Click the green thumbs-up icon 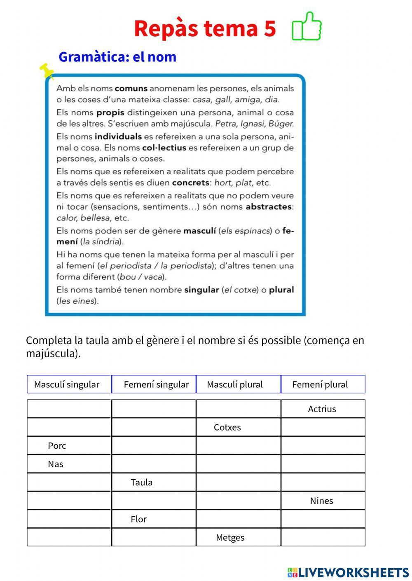[x=307, y=26]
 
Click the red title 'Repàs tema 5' [x=205, y=28]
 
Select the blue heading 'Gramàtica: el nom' [x=117, y=57]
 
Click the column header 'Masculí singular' [x=67, y=384]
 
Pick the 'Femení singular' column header [x=156, y=384]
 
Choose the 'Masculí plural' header [x=235, y=384]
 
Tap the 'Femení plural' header [x=320, y=384]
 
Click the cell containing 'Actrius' [x=322, y=409]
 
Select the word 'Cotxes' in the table [x=227, y=427]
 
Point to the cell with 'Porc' [x=57, y=446]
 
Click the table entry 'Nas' [x=56, y=464]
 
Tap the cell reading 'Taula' [x=142, y=483]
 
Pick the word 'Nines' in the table [x=322, y=501]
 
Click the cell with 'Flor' [x=139, y=519]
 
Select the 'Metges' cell [x=230, y=537]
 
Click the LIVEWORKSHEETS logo [x=348, y=572]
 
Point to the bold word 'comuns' [x=131, y=88]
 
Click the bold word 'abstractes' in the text [x=269, y=207]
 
